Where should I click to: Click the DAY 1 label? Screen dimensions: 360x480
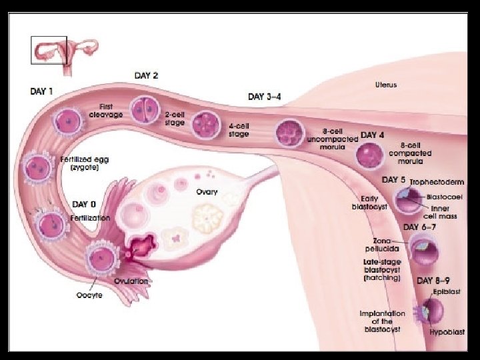coord(41,90)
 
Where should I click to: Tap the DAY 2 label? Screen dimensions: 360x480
coord(146,75)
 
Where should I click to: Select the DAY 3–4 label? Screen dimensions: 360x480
coord(264,97)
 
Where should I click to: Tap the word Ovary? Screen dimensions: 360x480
coord(207,192)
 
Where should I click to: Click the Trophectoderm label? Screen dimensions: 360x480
coord(431,181)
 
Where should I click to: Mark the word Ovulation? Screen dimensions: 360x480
coord(131,281)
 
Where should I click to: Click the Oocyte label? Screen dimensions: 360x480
coord(89,295)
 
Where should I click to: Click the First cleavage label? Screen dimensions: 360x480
coord(105,111)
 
